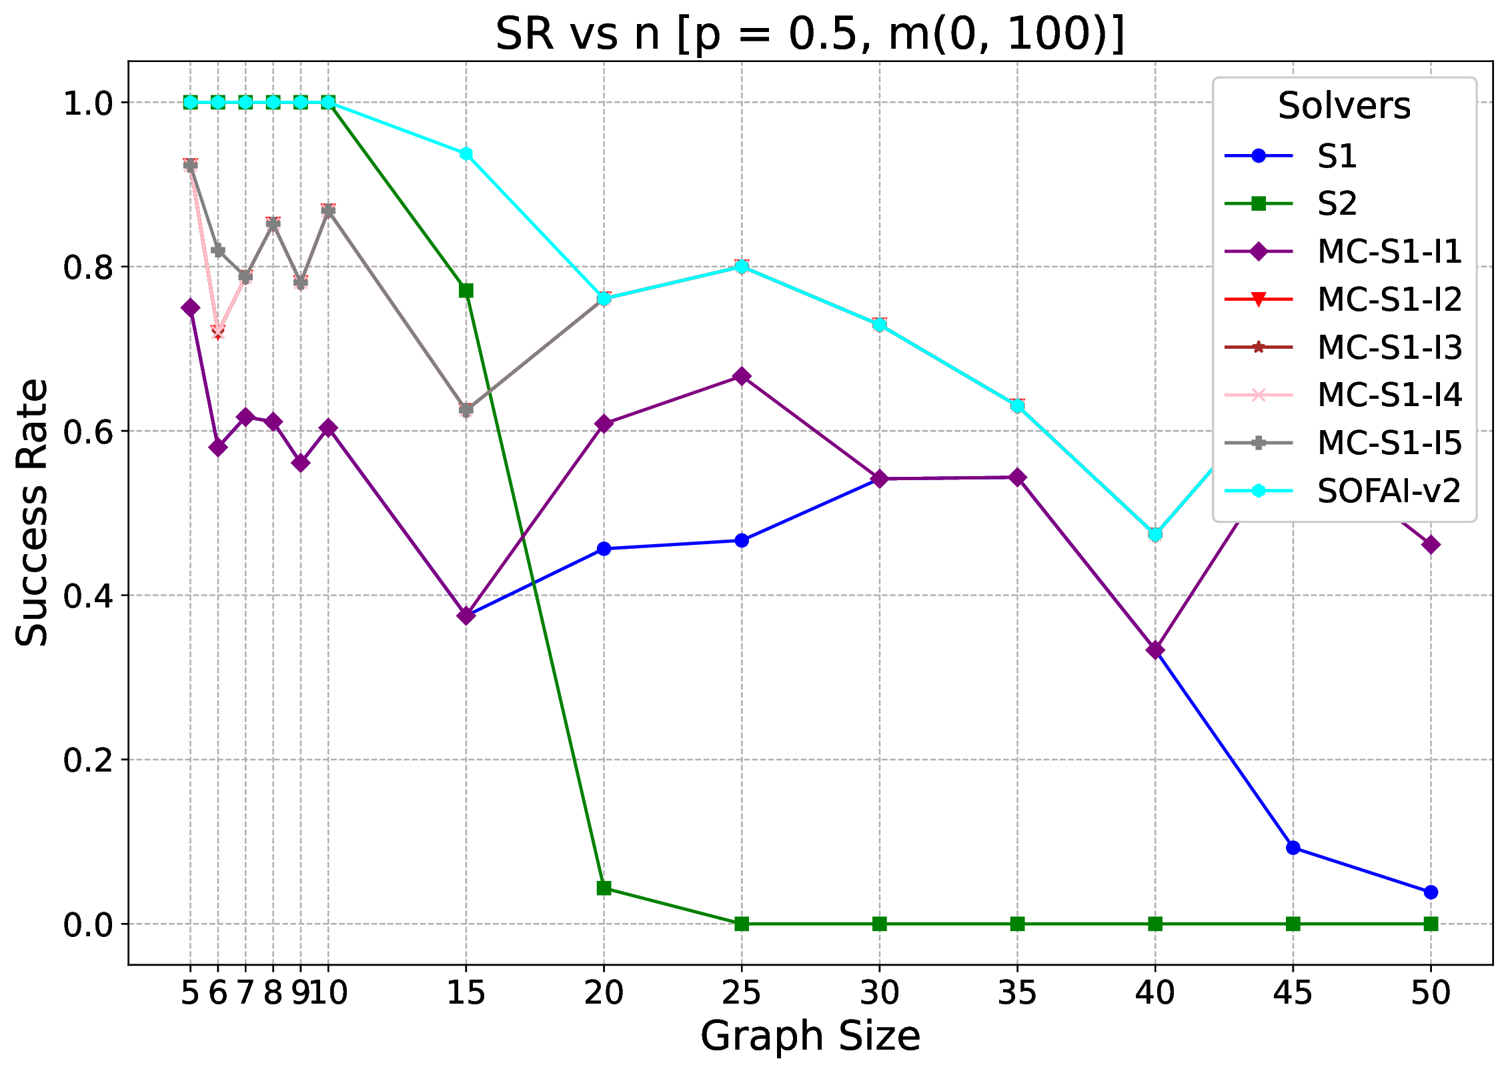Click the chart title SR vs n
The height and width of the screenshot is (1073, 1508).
[810, 35]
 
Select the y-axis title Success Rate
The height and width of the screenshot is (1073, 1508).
[32, 512]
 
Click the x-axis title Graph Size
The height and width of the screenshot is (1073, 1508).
[810, 1036]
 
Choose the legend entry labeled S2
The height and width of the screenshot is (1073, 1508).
[1337, 203]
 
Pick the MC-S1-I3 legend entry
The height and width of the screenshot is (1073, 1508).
[1389, 347]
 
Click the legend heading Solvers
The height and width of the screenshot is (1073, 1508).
[1344, 106]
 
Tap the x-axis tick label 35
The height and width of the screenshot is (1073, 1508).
[1017, 993]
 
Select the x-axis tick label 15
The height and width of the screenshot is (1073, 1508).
[466, 993]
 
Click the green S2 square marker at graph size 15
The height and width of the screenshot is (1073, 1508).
[466, 291]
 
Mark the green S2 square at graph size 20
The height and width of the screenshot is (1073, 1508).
[604, 888]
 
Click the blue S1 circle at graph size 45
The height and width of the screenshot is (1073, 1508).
[1293, 848]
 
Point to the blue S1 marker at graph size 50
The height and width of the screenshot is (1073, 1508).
[1430, 892]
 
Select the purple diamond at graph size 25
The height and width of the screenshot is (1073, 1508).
[742, 377]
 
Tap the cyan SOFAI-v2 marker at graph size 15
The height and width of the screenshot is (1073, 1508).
[466, 154]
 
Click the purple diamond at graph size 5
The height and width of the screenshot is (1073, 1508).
[190, 307]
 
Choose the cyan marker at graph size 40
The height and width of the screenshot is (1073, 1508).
[1155, 534]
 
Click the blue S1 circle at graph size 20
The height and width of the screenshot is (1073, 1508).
[604, 549]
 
